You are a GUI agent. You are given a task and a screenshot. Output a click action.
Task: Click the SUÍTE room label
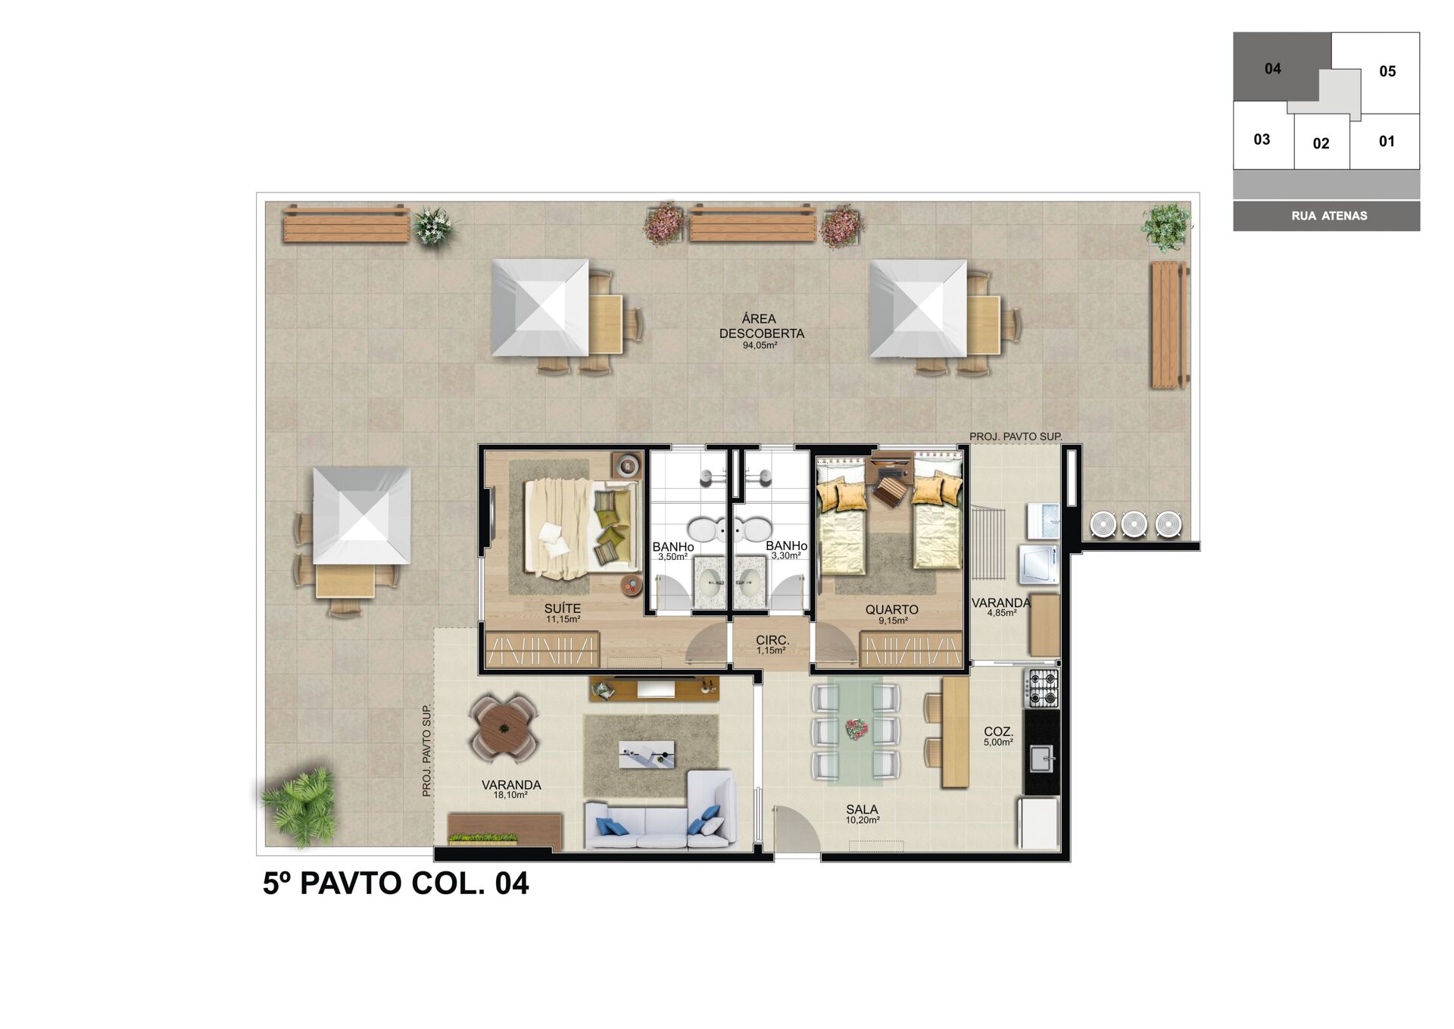pyautogui.click(x=562, y=608)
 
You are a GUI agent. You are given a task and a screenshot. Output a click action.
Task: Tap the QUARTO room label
pyautogui.click(x=891, y=609)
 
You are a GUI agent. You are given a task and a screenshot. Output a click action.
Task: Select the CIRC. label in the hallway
pyautogui.click(x=772, y=640)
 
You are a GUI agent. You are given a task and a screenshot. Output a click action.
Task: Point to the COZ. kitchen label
pyautogui.click(x=998, y=731)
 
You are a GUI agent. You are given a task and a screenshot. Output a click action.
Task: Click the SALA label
pyautogui.click(x=862, y=810)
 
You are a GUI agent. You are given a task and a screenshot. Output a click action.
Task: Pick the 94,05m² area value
pyautogui.click(x=760, y=346)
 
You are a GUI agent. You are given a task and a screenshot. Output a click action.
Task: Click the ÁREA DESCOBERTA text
pyautogui.click(x=761, y=326)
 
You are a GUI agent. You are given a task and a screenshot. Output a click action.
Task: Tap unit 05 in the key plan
pyautogui.click(x=1387, y=71)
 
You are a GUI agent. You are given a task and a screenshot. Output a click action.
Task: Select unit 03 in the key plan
pyautogui.click(x=1262, y=139)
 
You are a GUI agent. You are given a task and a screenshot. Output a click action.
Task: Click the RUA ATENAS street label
pyautogui.click(x=1329, y=216)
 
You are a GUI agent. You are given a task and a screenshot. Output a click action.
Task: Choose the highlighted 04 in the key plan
pyautogui.click(x=1272, y=69)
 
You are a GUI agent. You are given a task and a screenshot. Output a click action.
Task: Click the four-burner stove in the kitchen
pyautogui.click(x=1042, y=688)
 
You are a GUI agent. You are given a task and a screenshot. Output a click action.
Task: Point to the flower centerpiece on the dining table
pyautogui.click(x=856, y=729)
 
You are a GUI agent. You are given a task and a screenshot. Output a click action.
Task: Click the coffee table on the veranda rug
pyautogui.click(x=646, y=754)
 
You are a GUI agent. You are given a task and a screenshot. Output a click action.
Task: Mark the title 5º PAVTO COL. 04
pyautogui.click(x=395, y=884)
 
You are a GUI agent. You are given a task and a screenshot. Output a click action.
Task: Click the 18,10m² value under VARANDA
pyautogui.click(x=510, y=795)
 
